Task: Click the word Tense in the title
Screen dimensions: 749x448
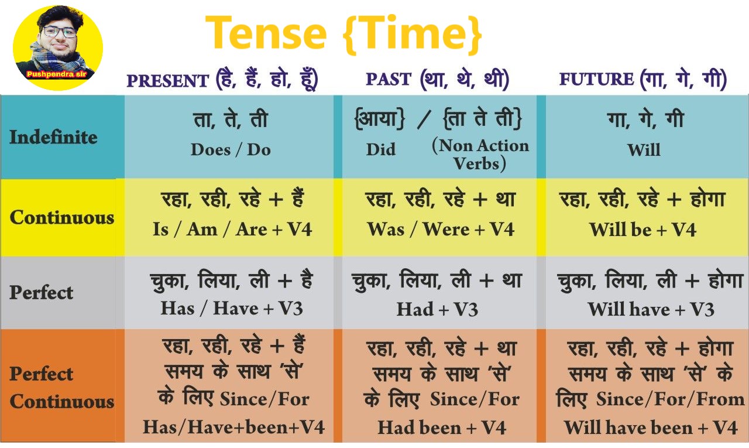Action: click(x=266, y=32)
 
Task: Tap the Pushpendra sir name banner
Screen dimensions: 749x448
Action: click(x=57, y=74)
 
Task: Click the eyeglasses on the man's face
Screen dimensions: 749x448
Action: click(x=59, y=32)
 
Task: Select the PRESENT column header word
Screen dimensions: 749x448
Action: click(x=168, y=81)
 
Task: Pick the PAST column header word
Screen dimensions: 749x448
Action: click(x=389, y=79)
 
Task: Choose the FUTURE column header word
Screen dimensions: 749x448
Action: click(x=596, y=79)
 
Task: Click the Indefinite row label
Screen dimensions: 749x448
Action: click(x=53, y=137)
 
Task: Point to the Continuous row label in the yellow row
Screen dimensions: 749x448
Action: click(x=62, y=217)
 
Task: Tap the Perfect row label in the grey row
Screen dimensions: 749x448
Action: click(x=41, y=292)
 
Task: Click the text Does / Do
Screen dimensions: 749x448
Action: click(x=231, y=149)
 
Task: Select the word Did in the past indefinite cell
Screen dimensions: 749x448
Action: click(x=381, y=149)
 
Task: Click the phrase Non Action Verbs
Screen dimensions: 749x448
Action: click(x=480, y=155)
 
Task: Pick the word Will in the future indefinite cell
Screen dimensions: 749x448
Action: click(x=644, y=149)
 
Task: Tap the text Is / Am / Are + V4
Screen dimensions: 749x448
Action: click(x=232, y=230)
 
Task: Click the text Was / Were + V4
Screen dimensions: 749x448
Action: click(x=441, y=230)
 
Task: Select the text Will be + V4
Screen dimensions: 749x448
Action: click(x=643, y=230)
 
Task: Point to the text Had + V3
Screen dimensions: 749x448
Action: click(x=437, y=309)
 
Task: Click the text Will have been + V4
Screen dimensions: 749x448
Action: click(x=651, y=428)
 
